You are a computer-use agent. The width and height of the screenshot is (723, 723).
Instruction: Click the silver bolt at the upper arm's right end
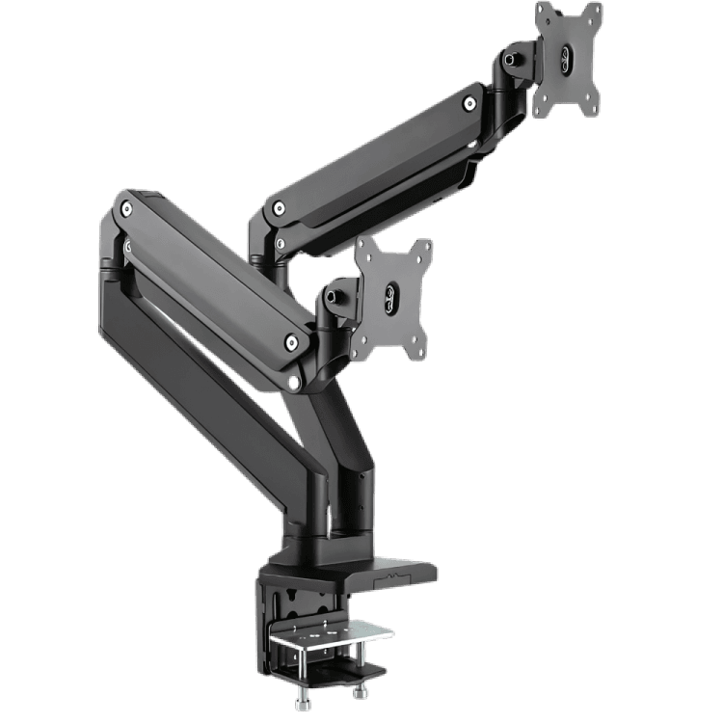pyautogui.click(x=469, y=103)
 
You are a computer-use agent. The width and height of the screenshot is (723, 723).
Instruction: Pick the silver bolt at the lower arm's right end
pyautogui.click(x=291, y=340)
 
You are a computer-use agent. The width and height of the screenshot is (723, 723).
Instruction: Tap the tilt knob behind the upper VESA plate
pyautogui.click(x=511, y=60)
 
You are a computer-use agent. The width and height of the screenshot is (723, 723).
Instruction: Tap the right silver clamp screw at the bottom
pyautogui.click(x=362, y=691)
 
